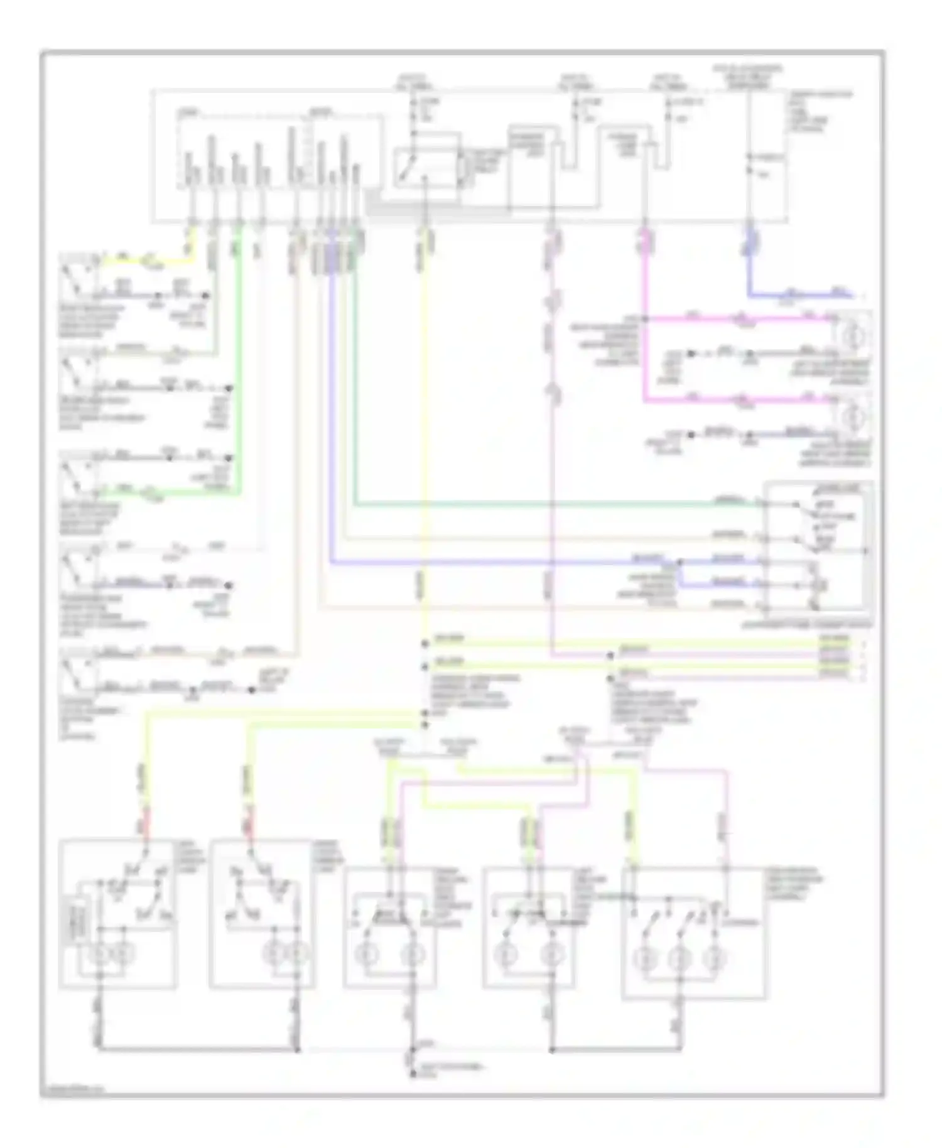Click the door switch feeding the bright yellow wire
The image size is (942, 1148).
(78, 274)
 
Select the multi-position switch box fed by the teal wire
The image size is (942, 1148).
(816, 545)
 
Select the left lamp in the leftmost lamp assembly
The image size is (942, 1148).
(100, 954)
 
